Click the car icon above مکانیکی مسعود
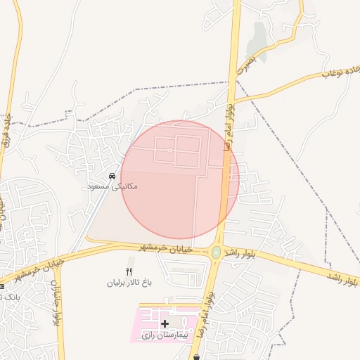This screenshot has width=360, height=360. pyautogui.click(x=112, y=176)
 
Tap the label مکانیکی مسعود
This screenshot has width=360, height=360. pyautogui.click(x=112, y=186)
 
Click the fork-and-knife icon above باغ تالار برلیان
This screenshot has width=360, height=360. pyautogui.click(x=129, y=271)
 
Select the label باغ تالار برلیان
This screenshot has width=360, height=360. pyautogui.click(x=129, y=283)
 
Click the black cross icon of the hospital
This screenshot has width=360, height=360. pyautogui.click(x=165, y=323)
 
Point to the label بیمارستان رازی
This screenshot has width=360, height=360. pyautogui.click(x=165, y=335)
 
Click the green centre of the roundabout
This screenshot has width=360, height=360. pyautogui.click(x=216, y=252)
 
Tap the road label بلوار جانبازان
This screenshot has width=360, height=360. pyautogui.click(x=55, y=302)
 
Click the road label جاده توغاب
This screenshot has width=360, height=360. pyautogui.click(x=341, y=72)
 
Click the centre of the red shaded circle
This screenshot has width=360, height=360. pyautogui.click(x=180, y=180)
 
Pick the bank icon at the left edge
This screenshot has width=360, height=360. pyautogui.click(x=2, y=286)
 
